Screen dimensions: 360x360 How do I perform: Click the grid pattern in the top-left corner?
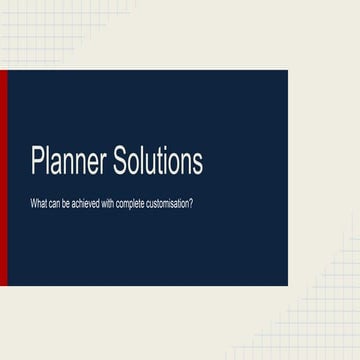pyautogui.click(x=25, y=30)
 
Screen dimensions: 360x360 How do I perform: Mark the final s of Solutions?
pyautogui.click(x=196, y=163)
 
